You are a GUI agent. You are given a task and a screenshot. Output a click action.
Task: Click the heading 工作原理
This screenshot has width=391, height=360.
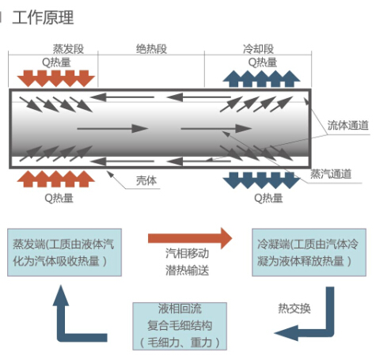(x=43, y=17)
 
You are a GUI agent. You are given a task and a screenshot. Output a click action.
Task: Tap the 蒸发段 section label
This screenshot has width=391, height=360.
(x=68, y=49)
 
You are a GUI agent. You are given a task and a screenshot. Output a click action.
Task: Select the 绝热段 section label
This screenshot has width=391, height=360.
(x=151, y=49)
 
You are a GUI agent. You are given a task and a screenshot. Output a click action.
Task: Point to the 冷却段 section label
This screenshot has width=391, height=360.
(x=258, y=49)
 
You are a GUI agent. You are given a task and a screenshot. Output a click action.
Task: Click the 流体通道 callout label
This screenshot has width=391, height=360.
(x=348, y=125)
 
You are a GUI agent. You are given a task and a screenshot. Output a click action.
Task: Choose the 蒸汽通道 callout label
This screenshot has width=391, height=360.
(x=331, y=174)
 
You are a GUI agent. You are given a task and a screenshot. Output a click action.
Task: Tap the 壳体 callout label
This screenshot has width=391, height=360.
(x=146, y=180)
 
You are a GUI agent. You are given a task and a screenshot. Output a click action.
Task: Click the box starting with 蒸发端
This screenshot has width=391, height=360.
(x=64, y=252)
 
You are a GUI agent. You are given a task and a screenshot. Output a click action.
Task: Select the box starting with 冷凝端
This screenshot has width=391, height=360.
(x=309, y=252)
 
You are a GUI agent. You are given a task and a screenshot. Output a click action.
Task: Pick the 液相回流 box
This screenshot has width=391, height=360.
(x=180, y=326)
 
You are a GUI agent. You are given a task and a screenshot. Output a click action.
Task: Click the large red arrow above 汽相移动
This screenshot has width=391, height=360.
(x=190, y=238)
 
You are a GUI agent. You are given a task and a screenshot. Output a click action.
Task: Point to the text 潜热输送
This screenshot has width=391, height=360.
(x=188, y=271)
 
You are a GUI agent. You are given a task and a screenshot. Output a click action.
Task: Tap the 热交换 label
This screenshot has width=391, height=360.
(x=294, y=309)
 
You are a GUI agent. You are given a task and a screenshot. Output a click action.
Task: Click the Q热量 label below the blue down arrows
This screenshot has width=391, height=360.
(x=268, y=198)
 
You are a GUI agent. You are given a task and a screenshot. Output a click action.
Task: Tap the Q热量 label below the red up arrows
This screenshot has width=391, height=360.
(x=59, y=198)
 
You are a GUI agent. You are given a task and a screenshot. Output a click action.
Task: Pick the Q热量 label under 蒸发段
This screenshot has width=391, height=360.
(x=56, y=63)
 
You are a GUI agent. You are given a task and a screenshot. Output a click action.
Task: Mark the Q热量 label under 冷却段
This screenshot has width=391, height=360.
(x=263, y=63)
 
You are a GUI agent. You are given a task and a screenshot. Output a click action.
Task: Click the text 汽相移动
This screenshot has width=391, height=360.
(x=188, y=253)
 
